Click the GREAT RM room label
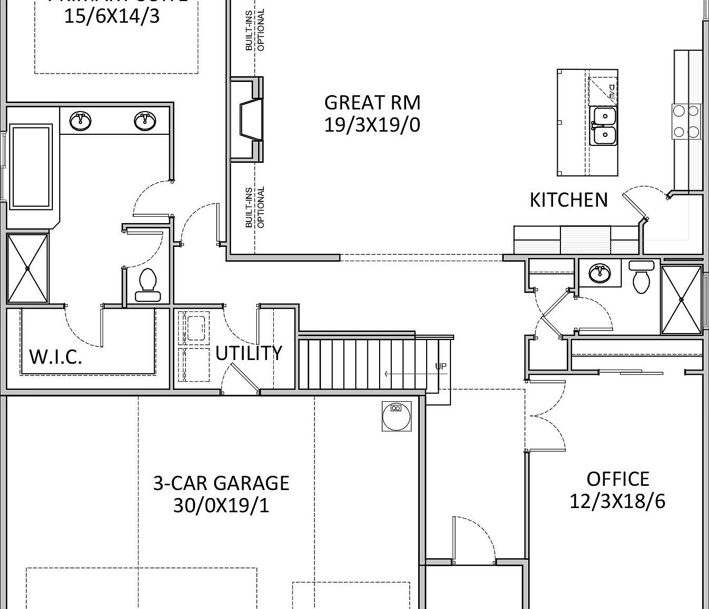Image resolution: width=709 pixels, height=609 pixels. click(372, 102)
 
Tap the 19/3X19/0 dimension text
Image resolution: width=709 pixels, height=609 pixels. click(372, 125)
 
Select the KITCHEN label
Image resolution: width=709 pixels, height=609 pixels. click(568, 200)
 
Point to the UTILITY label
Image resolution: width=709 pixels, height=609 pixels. click(248, 353)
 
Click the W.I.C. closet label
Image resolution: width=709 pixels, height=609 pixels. click(56, 357)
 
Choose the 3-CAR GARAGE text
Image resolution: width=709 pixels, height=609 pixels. click(221, 483)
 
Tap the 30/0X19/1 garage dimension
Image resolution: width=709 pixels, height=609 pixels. click(221, 506)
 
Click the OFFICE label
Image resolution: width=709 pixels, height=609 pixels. click(618, 479)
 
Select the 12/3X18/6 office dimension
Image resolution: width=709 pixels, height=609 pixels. click(618, 501)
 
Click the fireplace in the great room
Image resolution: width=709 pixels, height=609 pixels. click(248, 119)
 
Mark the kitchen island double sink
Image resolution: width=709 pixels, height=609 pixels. click(603, 126)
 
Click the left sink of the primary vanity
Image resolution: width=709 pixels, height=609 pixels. click(81, 121)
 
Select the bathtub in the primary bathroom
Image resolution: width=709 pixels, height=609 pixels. click(32, 166)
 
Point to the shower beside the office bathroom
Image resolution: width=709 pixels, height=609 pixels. click(681, 300)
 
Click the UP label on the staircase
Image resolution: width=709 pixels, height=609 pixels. click(440, 366)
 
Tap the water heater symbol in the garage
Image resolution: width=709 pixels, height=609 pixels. click(396, 416)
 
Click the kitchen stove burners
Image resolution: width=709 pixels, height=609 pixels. click(685, 121)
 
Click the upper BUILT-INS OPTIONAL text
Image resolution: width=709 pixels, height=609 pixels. click(255, 30)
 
